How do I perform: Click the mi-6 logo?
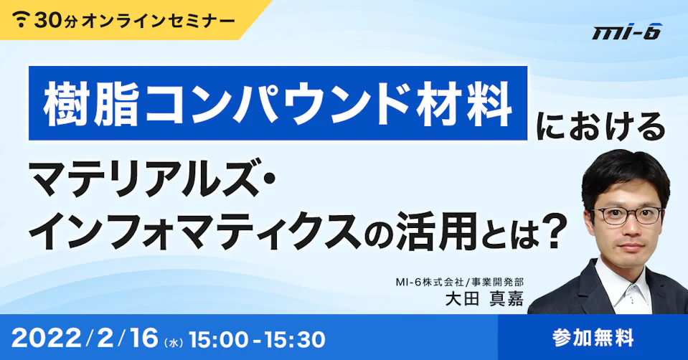[626, 32]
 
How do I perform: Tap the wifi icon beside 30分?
[21, 21]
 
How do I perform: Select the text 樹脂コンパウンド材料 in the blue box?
[278, 103]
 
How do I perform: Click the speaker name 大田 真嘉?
[484, 299]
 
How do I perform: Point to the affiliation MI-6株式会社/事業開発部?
[459, 283]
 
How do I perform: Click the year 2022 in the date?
[47, 339]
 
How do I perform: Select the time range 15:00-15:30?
[258, 339]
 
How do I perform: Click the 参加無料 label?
[593, 338]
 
